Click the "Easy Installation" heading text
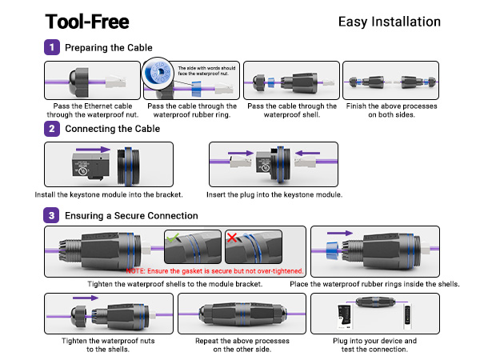(390, 22)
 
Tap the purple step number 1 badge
(53, 48)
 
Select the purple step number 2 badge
(53, 129)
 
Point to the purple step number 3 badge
(53, 215)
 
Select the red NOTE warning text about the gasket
(214, 271)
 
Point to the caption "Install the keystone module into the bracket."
(109, 194)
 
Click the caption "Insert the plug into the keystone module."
(275, 194)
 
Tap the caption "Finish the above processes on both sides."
(391, 110)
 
